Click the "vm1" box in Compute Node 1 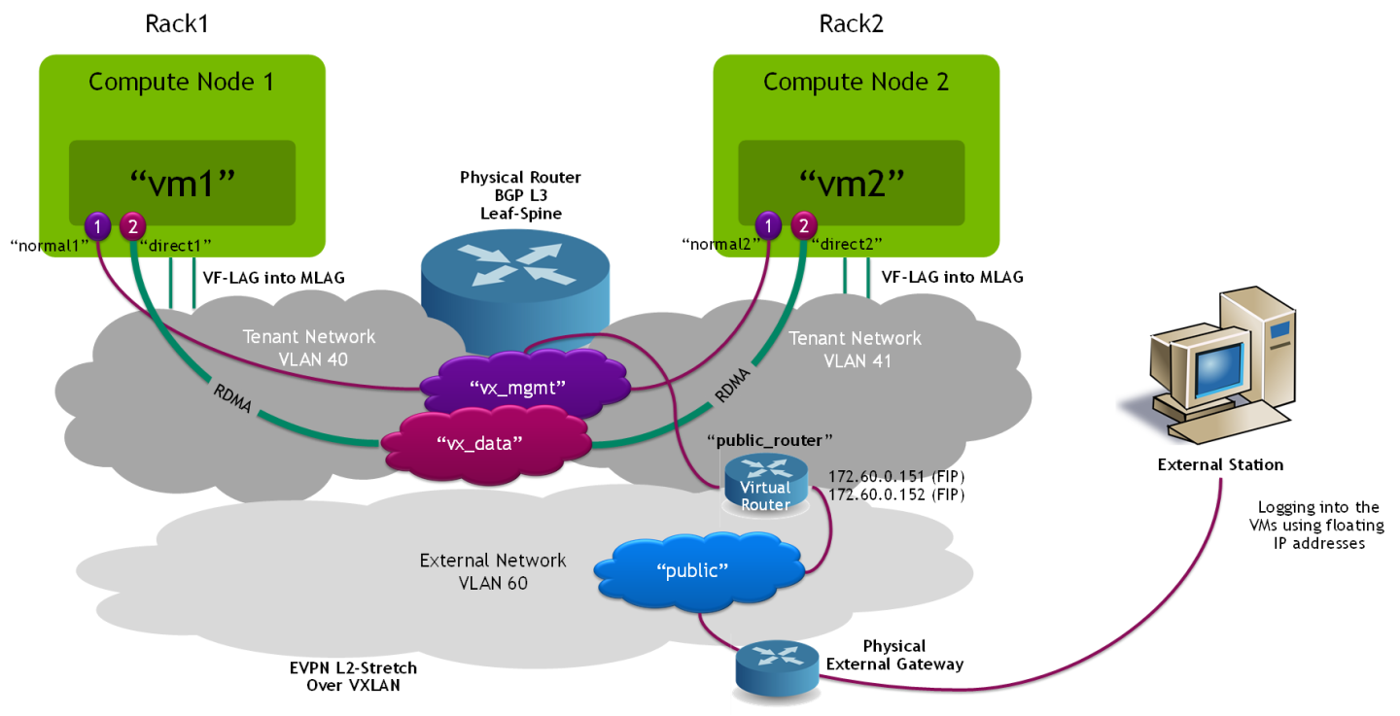point(182,182)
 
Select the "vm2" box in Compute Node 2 point(851,182)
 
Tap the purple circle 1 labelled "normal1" point(97,226)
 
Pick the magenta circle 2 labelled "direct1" point(131,226)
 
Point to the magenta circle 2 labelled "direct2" point(803,226)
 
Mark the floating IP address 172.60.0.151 point(864,476)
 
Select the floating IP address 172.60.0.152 point(864,494)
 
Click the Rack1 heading point(178,23)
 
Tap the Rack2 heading point(852,23)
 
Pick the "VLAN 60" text point(493,582)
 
